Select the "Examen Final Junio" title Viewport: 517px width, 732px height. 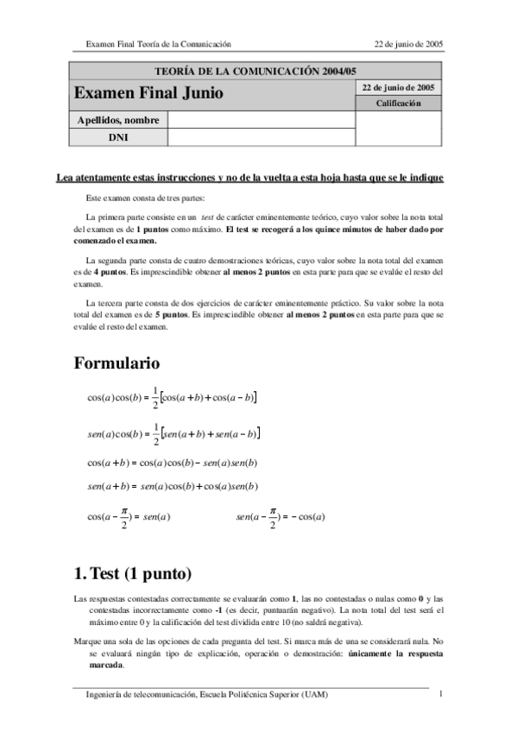click(x=148, y=92)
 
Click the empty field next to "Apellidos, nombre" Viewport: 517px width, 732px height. click(x=262, y=120)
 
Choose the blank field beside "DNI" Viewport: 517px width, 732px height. click(x=262, y=137)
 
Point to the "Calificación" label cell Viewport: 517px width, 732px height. click(x=398, y=104)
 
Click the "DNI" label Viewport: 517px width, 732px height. click(x=118, y=137)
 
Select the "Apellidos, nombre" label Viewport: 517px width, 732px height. click(x=118, y=120)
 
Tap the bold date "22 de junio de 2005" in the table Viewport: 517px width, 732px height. click(x=398, y=87)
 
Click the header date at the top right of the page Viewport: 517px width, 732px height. click(x=409, y=43)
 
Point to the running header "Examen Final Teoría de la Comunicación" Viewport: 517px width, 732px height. click(x=158, y=43)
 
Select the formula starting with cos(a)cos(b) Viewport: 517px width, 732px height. click(x=173, y=398)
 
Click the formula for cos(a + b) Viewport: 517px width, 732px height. click(x=173, y=463)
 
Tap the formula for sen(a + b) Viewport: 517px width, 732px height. click(x=173, y=487)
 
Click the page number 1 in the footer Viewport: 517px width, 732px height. click(x=440, y=693)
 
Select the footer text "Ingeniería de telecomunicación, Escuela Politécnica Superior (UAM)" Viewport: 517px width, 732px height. click(x=206, y=694)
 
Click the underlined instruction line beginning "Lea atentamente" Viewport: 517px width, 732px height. click(x=249, y=178)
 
